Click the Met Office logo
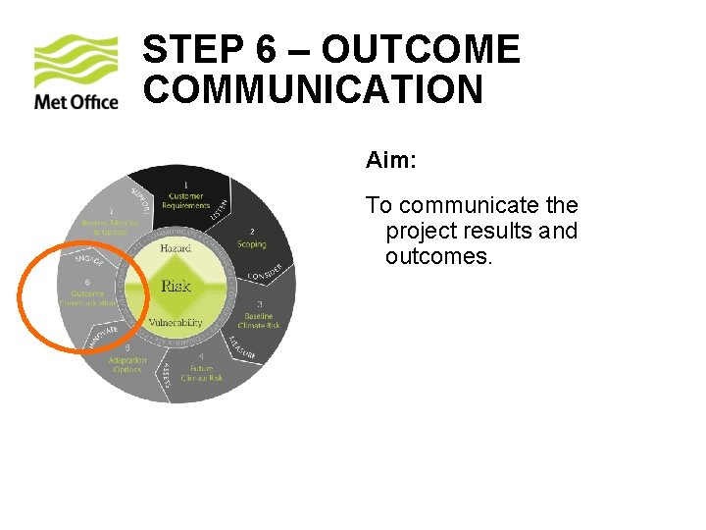pyautogui.click(x=76, y=73)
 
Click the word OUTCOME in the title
pyautogui.click(x=420, y=50)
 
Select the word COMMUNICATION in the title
pyautogui.click(x=313, y=90)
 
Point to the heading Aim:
pyautogui.click(x=390, y=159)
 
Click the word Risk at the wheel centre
pyautogui.click(x=176, y=286)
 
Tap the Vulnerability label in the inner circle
pyautogui.click(x=176, y=322)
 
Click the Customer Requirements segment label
pyautogui.click(x=185, y=200)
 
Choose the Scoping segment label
pyautogui.click(x=251, y=243)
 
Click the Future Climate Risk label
pyautogui.click(x=201, y=372)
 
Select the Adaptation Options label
pyautogui.click(x=127, y=364)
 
